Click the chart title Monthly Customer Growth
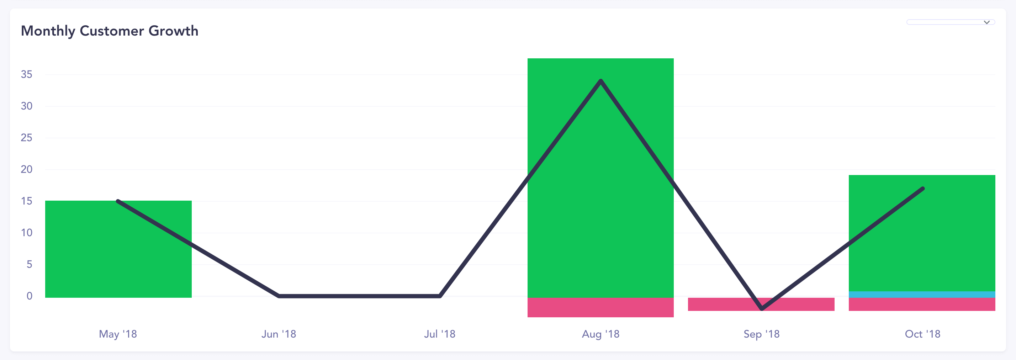pos(109,31)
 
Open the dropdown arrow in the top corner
pos(986,22)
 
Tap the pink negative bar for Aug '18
pos(600,308)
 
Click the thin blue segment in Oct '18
pos(922,295)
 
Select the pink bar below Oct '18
pos(922,305)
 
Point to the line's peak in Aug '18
pos(600,81)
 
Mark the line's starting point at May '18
pos(118,201)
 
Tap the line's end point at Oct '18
pos(922,189)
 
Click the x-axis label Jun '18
pos(279,334)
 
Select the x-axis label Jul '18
pos(439,334)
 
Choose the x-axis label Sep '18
pos(761,334)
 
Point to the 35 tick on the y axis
pos(26,74)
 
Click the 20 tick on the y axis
pos(26,169)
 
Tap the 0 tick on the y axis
pos(29,296)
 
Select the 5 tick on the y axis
pos(29,264)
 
